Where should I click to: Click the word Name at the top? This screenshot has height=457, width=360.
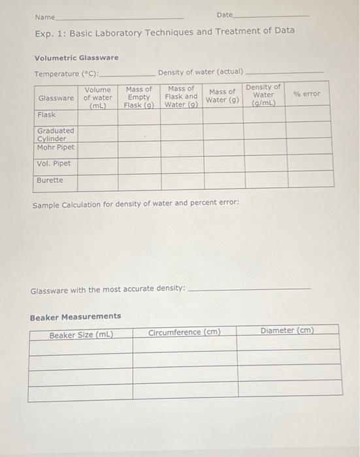click(45, 16)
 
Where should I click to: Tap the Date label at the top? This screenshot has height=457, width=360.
click(224, 14)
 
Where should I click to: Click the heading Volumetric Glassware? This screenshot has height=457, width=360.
click(76, 58)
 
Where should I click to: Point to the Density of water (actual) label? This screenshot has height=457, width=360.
click(200, 71)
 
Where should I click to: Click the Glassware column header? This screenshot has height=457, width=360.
click(56, 98)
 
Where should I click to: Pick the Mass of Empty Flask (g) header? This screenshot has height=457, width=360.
click(139, 97)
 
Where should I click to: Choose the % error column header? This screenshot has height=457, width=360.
click(307, 94)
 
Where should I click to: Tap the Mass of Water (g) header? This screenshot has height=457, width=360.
click(223, 96)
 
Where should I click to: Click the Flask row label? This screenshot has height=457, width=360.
click(46, 115)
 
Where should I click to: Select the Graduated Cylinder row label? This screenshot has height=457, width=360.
click(56, 134)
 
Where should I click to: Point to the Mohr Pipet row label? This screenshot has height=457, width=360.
click(56, 147)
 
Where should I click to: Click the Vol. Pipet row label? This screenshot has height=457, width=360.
click(54, 164)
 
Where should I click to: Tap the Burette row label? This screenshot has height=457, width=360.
click(50, 180)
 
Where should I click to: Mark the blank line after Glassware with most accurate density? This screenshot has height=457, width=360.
click(248, 289)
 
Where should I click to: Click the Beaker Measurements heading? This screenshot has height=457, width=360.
click(75, 317)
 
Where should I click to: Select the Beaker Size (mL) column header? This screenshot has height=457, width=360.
click(81, 336)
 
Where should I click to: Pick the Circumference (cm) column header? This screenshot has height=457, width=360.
click(184, 332)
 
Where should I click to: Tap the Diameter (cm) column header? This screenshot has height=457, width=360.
click(287, 330)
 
